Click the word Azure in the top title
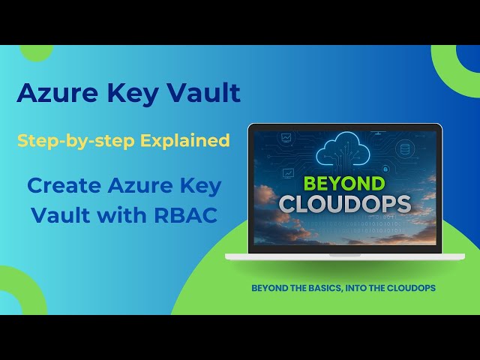50,93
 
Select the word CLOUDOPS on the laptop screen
344,204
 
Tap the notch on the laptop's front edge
344,254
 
